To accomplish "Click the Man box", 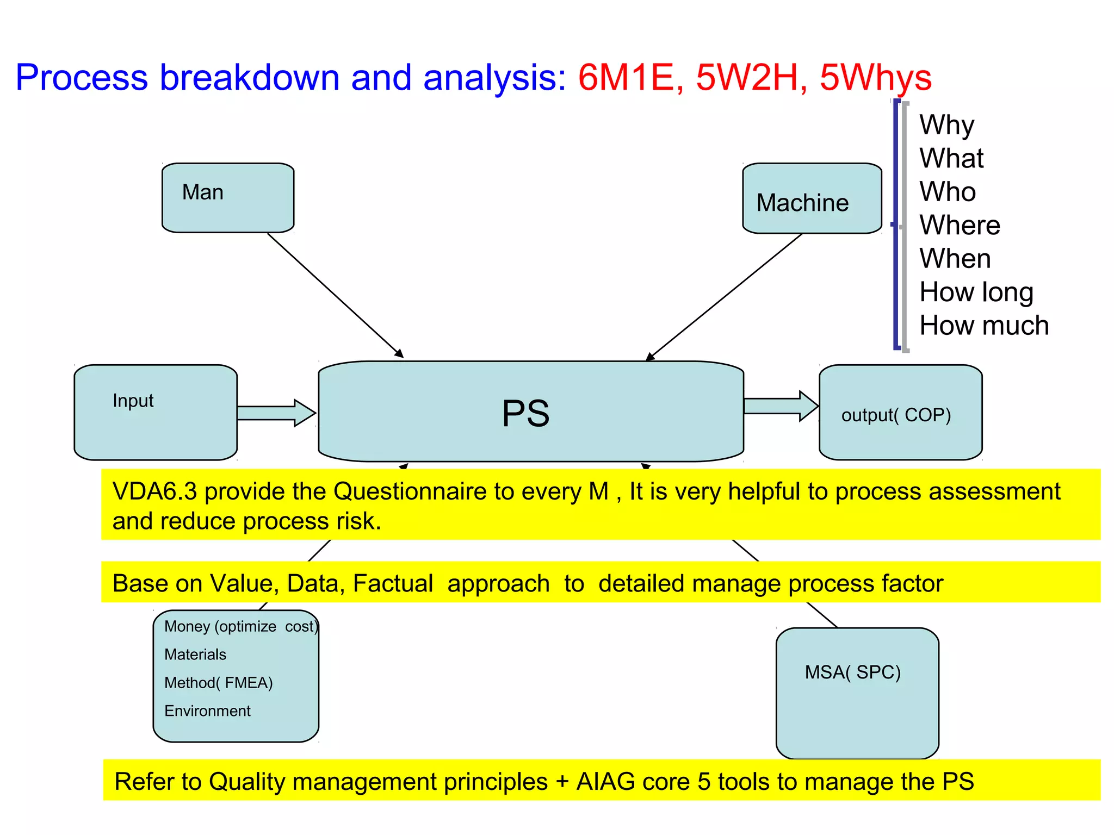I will (228, 197).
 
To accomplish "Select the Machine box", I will (812, 199).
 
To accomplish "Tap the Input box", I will (156, 412).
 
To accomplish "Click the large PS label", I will (525, 414).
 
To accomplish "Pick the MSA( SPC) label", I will (852, 672).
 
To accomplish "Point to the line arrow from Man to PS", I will (335, 295).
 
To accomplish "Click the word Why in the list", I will (946, 125).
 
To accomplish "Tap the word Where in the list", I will (960, 225).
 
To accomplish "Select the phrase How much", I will (983, 326).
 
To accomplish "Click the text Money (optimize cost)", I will (240, 626).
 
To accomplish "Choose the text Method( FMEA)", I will (218, 683).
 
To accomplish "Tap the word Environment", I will (207, 711).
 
